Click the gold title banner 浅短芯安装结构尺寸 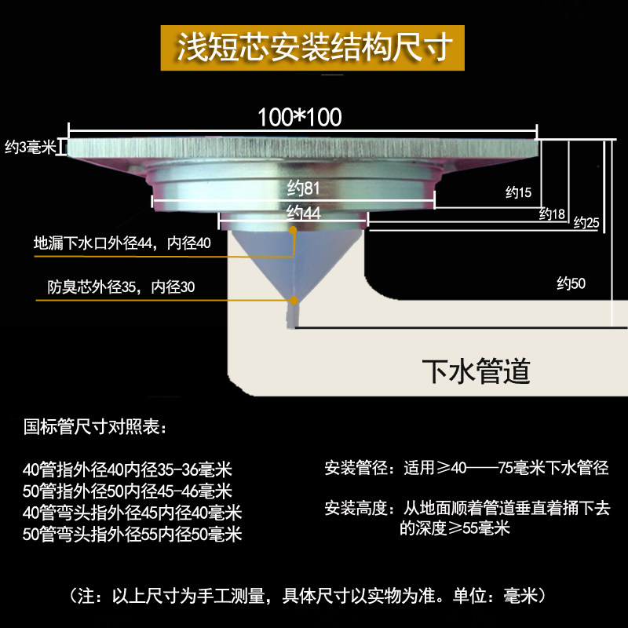point(312,48)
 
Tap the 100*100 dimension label point(300,117)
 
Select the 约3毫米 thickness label point(30,147)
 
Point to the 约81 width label point(303,188)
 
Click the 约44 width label point(303,213)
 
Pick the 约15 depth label point(518,192)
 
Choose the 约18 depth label point(552,214)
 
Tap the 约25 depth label point(586,222)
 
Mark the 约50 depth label point(571,283)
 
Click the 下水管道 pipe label point(476,371)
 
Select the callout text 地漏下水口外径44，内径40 point(122,243)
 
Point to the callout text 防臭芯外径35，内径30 point(121,287)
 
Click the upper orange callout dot point(293,230)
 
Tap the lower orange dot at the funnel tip point(294,301)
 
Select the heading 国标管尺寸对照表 point(95,427)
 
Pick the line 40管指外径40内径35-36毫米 point(127,469)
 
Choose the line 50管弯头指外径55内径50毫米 point(132,535)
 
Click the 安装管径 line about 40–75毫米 point(466,468)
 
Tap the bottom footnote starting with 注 point(309,596)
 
